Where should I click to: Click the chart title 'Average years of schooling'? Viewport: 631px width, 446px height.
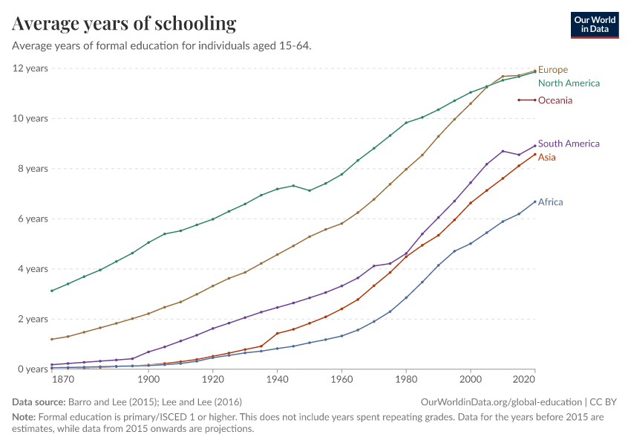pos(124,24)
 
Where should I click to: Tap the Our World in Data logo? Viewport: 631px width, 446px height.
pos(595,25)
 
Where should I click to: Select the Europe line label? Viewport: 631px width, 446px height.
pos(552,70)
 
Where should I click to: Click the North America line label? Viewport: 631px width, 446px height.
pos(569,83)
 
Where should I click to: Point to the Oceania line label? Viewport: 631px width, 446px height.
pos(555,100)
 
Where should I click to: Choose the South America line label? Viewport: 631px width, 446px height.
pos(569,143)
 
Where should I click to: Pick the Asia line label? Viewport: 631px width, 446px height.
pos(547,157)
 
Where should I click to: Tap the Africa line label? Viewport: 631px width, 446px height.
pos(550,202)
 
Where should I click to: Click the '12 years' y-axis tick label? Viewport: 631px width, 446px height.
pos(30,68)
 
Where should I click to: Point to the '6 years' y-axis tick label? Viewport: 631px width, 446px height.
pos(32,219)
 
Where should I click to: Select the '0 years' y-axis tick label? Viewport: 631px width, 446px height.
pos(32,369)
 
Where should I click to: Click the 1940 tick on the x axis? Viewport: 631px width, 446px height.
pos(277,380)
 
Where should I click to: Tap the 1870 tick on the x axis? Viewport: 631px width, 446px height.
pos(64,380)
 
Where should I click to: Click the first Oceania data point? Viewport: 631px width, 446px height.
pos(519,100)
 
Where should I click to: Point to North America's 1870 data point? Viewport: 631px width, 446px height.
pos(51,291)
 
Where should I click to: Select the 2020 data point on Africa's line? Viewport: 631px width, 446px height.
pos(534,201)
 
